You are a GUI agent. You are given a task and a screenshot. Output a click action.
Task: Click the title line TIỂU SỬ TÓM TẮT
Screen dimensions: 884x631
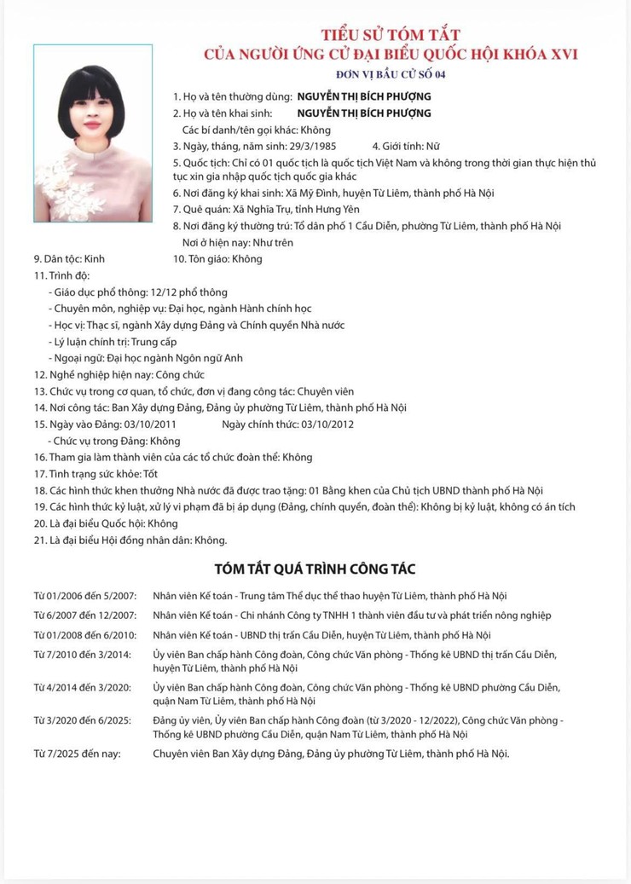[x=391, y=35]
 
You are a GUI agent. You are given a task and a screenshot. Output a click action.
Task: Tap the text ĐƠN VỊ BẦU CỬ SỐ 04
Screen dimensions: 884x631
[x=391, y=74]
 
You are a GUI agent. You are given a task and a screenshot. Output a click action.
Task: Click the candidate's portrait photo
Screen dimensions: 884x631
[x=93, y=133]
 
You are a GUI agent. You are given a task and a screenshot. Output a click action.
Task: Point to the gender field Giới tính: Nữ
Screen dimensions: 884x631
[x=406, y=146]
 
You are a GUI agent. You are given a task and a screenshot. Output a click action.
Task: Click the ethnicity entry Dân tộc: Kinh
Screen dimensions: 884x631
[x=69, y=258]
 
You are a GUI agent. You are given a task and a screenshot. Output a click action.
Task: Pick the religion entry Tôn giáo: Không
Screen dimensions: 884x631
[x=217, y=258]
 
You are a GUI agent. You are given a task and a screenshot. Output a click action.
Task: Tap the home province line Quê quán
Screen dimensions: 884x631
[x=266, y=209]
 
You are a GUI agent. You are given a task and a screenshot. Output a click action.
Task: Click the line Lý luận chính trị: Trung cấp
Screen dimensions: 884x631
[x=119, y=341]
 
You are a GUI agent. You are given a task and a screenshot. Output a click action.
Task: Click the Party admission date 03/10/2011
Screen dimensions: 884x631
[x=150, y=424]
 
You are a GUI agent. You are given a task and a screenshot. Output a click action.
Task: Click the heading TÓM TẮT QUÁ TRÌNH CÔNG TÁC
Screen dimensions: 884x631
[x=315, y=569]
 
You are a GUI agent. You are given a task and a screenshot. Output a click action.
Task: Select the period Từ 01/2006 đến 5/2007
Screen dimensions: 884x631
[x=85, y=596]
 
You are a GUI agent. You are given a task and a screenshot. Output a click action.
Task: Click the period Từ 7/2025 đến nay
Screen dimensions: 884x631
[x=78, y=754]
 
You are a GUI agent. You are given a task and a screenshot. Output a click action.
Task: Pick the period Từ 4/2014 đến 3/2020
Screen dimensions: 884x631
[x=83, y=687]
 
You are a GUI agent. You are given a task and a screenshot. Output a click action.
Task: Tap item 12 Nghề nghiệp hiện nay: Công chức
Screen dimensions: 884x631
[x=119, y=374]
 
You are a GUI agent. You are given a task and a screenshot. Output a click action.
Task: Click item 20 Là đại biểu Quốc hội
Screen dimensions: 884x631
[x=106, y=523]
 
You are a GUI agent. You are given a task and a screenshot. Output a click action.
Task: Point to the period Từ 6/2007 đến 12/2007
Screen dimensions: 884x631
[x=85, y=615]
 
